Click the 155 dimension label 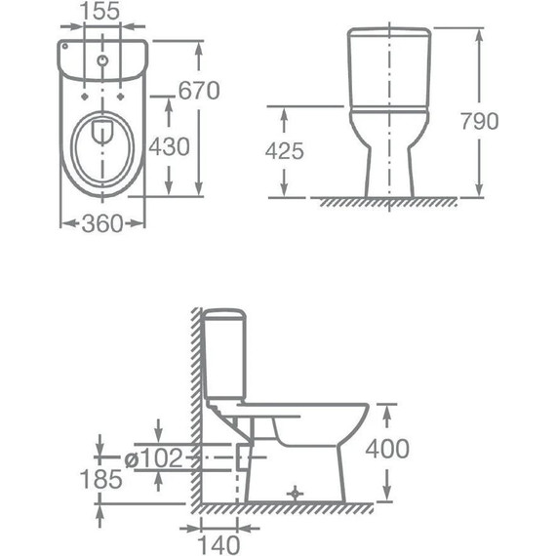[x=100, y=11]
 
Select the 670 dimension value [x=199, y=91]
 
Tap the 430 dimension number [x=169, y=146]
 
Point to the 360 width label [x=102, y=223]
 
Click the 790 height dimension [x=479, y=121]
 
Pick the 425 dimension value [x=285, y=151]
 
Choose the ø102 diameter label [x=153, y=457]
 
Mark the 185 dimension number [x=101, y=479]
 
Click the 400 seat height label [x=387, y=449]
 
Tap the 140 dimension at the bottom [x=218, y=544]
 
